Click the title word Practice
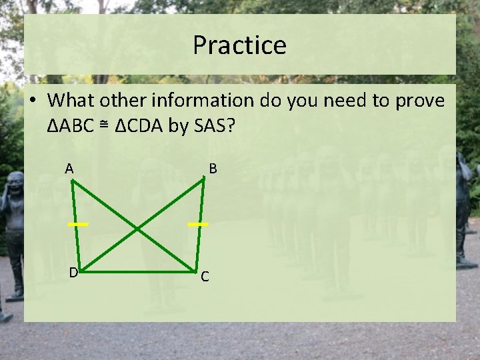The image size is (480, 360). pos(239,45)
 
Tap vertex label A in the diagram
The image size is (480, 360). pos(69,169)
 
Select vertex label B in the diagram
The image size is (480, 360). pos(213,169)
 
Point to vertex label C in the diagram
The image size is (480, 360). pos(205,277)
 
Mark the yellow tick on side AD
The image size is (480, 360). pos(77,225)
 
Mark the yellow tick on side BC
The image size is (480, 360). pos(198,225)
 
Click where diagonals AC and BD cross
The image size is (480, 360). pos(137,229)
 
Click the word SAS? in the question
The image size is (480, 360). pos(214,127)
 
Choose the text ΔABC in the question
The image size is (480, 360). pos(74,127)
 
